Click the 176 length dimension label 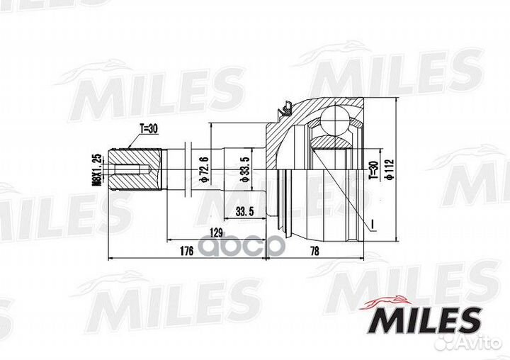click(186, 251)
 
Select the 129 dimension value click(216, 232)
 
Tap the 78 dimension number click(314, 251)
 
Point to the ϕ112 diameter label click(390, 169)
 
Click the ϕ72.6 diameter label click(205, 169)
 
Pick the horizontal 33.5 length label click(244, 212)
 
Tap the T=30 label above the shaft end click(149, 129)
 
